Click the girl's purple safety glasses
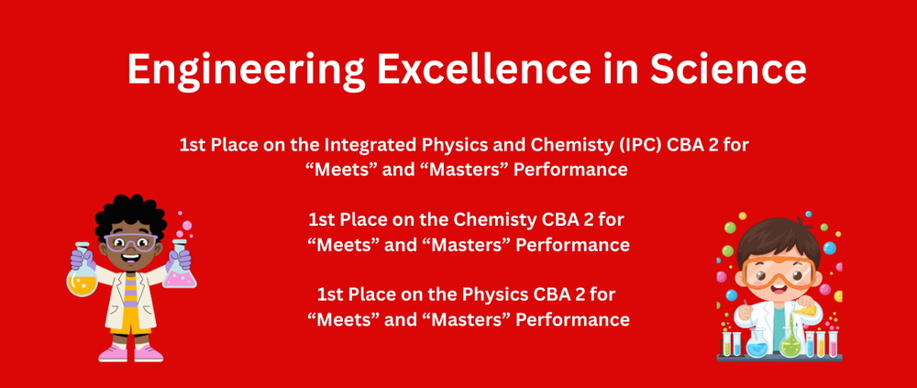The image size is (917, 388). [x=129, y=244]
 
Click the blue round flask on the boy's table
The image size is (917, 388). [x=757, y=344]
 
